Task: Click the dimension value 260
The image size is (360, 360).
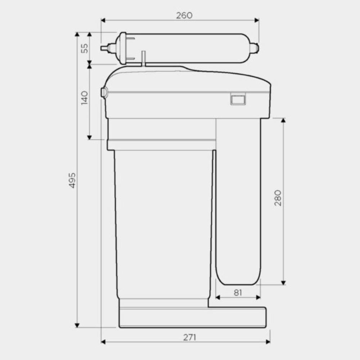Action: point(184,15)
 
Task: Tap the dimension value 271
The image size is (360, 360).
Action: point(190,337)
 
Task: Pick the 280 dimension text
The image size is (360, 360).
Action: point(278,198)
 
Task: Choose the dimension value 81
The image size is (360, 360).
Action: point(238,292)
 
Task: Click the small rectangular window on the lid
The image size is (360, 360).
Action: point(238,99)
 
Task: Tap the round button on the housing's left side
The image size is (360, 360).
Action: point(103,93)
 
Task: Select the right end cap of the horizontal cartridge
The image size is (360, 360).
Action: point(255,48)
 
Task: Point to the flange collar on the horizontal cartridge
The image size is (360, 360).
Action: point(123,48)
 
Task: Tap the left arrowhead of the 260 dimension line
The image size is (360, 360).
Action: point(103,20)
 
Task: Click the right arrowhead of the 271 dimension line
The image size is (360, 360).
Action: point(268,341)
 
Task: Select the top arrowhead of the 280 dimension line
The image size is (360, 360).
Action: point(283,121)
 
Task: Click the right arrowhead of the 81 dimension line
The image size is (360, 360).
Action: point(258,297)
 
